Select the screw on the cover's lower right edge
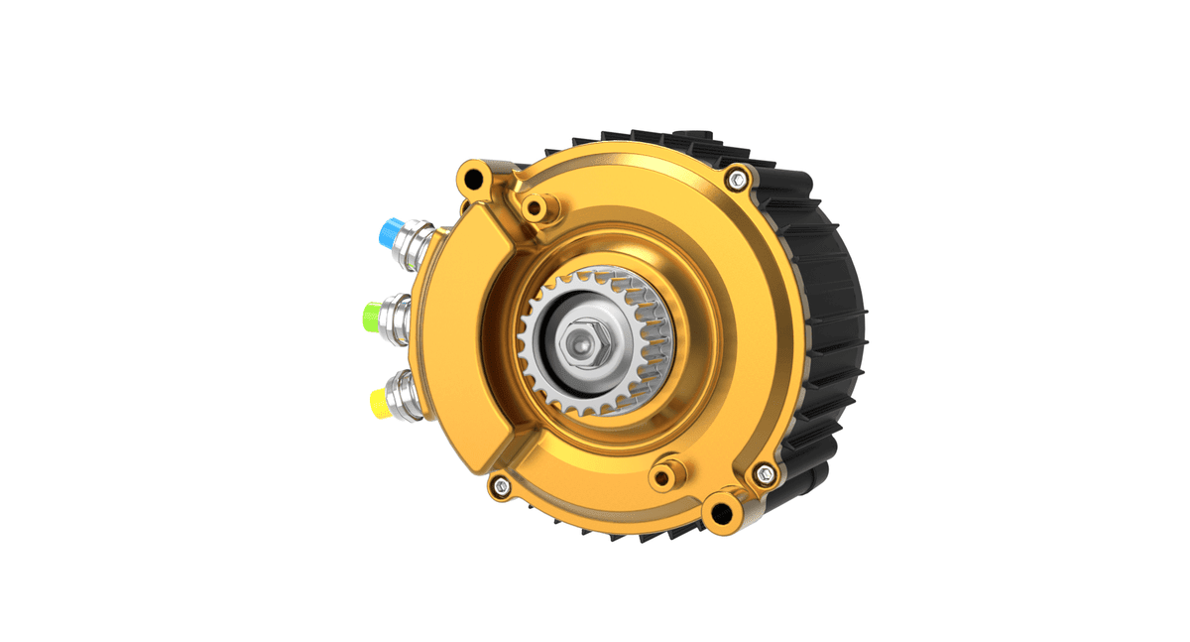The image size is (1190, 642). click(764, 474)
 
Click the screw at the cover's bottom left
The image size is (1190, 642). click(501, 485)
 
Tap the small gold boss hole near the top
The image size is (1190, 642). click(536, 208)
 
